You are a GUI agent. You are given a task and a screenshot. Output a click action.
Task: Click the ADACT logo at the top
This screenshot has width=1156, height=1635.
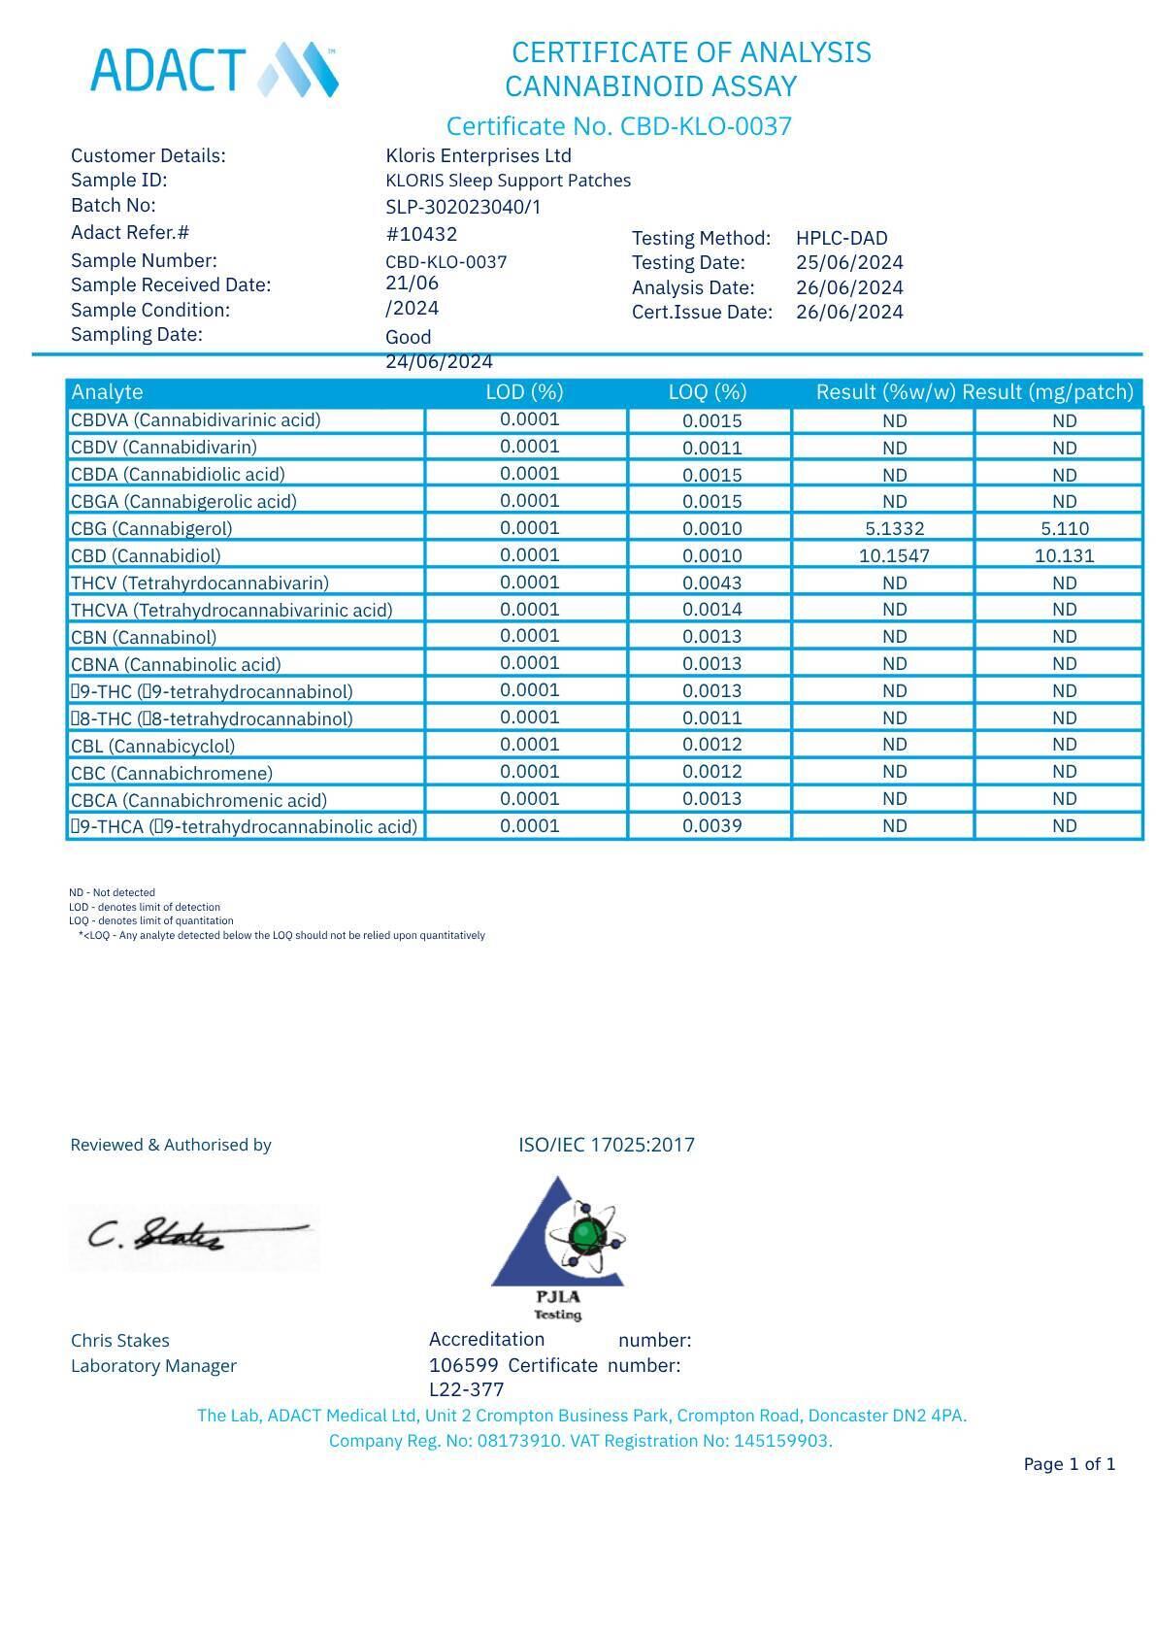(x=214, y=70)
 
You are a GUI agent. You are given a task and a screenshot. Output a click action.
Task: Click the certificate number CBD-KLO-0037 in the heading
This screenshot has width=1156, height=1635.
(x=706, y=126)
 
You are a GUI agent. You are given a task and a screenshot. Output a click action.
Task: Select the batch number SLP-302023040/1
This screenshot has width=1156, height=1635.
(x=463, y=207)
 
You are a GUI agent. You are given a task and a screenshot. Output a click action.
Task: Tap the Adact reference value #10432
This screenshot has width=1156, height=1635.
(x=421, y=234)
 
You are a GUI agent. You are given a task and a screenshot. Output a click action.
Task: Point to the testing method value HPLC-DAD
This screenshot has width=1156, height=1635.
(x=842, y=238)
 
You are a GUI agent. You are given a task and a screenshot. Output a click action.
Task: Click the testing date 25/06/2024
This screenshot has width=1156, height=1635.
(x=849, y=262)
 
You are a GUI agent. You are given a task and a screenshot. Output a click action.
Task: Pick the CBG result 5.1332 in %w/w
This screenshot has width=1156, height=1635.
(x=894, y=529)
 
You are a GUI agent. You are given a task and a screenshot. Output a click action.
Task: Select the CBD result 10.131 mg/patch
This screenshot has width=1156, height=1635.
(x=1064, y=556)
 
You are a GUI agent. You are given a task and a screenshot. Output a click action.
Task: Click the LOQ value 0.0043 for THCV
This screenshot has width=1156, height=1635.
(x=711, y=584)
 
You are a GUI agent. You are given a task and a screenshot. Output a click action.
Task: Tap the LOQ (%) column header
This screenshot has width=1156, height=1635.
(x=708, y=392)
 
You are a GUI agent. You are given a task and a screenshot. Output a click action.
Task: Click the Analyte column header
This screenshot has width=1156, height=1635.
(x=107, y=392)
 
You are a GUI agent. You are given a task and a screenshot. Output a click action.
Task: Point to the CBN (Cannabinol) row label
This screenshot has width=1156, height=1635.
(x=144, y=638)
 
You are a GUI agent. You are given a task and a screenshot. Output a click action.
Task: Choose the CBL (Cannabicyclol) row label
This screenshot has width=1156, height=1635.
(x=152, y=747)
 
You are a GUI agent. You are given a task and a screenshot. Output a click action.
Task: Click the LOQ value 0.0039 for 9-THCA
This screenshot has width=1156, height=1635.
(x=711, y=826)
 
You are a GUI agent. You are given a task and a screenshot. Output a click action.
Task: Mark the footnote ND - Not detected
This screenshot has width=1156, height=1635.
(x=112, y=892)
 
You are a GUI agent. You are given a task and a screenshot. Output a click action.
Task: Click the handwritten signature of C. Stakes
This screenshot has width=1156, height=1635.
(x=194, y=1235)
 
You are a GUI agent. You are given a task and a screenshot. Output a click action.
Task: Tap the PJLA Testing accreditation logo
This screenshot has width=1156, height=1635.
(x=558, y=1248)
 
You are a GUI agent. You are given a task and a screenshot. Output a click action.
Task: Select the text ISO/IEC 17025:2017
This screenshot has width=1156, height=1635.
(x=607, y=1145)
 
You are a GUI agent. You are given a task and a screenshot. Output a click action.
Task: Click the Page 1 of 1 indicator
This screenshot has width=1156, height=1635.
(x=1069, y=1464)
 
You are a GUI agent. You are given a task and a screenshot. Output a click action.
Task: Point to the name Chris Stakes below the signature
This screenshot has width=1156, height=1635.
(x=120, y=1341)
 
